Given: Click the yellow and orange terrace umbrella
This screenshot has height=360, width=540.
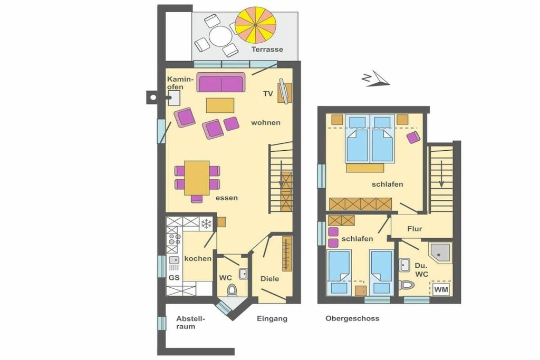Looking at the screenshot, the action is click(256, 25).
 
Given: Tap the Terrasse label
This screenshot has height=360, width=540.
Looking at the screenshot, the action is click(267, 49).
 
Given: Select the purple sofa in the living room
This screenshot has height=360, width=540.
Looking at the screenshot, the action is click(221, 82).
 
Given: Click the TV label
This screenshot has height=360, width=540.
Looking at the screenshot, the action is click(268, 94).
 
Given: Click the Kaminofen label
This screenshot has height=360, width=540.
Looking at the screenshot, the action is click(179, 83).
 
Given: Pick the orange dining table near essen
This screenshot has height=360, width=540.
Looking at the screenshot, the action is click(197, 178).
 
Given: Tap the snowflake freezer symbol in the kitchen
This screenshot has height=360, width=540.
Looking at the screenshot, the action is click(206, 224).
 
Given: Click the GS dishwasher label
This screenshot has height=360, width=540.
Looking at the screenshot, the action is click(174, 277).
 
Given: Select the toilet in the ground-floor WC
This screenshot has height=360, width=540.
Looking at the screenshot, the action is click(232, 290).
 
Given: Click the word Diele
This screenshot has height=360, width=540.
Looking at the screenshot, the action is click(269, 279).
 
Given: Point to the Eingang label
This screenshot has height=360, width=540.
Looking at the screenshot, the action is click(272, 319).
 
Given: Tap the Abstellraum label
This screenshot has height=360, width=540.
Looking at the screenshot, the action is click(190, 323).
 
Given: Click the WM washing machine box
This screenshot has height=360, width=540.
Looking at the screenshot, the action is click(441, 289).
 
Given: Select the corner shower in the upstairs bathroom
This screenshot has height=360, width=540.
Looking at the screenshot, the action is click(440, 253).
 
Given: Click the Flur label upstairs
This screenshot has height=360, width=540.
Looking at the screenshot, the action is click(414, 229).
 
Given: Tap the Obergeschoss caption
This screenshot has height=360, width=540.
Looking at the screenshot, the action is click(352, 318).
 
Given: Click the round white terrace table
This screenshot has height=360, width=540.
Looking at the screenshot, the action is click(221, 36).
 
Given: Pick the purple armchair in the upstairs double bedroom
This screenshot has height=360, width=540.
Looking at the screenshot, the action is click(413, 137).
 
